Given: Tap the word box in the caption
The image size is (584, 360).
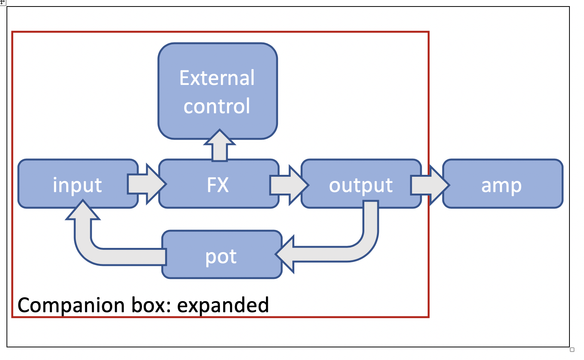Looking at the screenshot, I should click(151, 305).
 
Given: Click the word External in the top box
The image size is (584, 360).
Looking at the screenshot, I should click(217, 78).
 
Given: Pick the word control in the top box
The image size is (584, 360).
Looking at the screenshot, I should click(217, 106).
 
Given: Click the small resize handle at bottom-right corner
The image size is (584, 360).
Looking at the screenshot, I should click(572, 350).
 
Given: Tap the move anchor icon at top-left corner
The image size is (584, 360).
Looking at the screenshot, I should click(3, 2).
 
